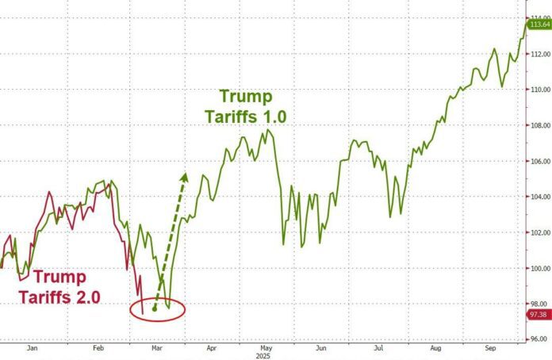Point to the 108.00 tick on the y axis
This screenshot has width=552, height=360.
(541, 125)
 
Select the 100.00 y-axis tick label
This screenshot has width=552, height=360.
(541, 268)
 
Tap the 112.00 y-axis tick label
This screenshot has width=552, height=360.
(541, 54)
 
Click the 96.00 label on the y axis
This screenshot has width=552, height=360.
(541, 339)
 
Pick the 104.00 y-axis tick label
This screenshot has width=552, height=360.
(541, 197)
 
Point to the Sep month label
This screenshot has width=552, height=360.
(492, 347)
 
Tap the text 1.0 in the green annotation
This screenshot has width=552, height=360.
(270, 116)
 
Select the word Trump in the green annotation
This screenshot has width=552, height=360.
(245, 97)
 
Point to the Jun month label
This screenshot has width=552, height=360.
(320, 347)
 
